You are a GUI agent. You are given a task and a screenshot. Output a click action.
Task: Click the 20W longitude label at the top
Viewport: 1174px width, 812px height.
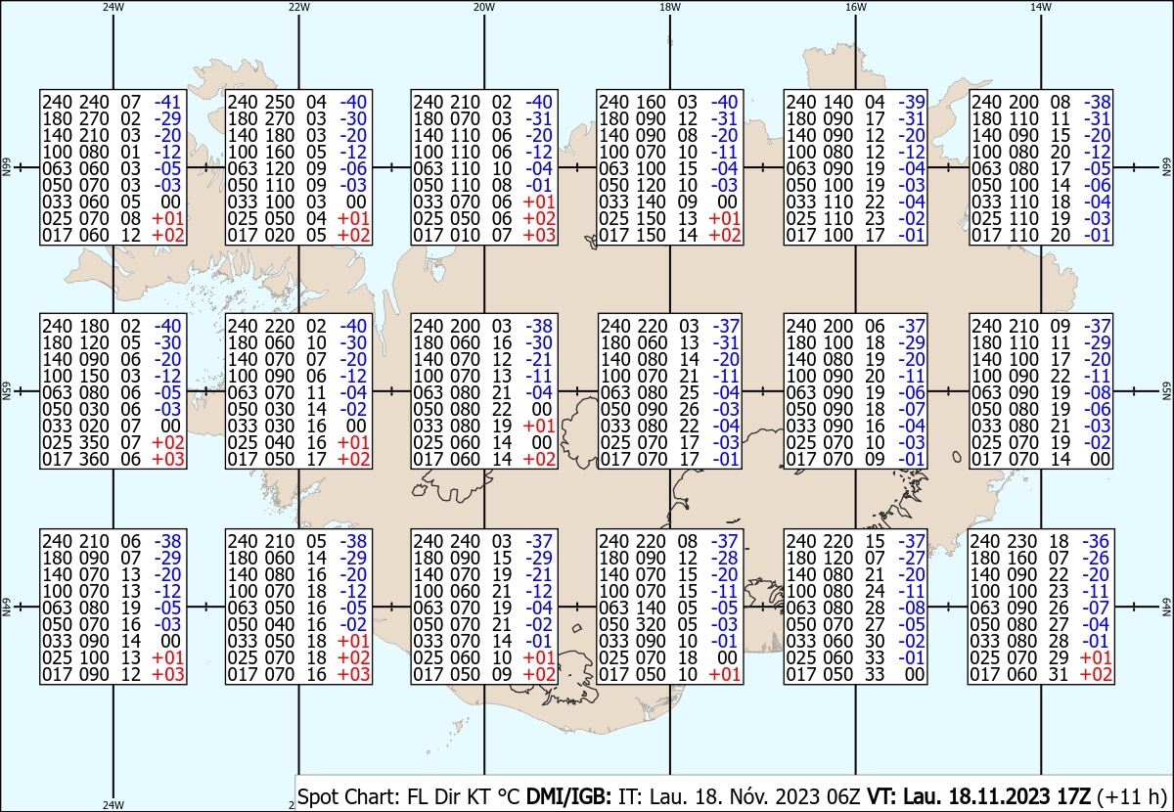[483, 8]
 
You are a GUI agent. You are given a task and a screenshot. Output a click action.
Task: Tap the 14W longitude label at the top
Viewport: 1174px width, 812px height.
[1040, 8]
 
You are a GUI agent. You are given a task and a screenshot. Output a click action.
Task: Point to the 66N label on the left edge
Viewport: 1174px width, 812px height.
[6, 167]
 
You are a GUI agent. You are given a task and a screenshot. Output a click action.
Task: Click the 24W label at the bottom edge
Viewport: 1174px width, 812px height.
[113, 804]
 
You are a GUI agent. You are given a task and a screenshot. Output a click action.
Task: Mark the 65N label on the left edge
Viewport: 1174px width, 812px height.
[6, 391]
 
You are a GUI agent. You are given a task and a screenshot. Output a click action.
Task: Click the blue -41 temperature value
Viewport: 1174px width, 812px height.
[167, 102]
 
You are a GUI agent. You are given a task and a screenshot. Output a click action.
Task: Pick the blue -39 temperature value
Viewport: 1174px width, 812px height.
[912, 102]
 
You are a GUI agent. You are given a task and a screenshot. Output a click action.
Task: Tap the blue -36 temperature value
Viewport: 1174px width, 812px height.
[1096, 541]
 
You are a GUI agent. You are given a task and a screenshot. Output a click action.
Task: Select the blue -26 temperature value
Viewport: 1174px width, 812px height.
[1096, 558]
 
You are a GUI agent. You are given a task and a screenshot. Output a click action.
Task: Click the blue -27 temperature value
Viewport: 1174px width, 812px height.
[912, 558]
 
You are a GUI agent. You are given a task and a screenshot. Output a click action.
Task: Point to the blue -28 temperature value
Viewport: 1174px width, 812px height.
[724, 558]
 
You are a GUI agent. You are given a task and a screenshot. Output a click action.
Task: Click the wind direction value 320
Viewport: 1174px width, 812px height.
[651, 624]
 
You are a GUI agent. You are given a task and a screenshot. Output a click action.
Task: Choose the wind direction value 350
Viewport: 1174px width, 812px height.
[94, 442]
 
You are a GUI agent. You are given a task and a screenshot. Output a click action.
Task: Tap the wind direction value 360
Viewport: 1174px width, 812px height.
[94, 459]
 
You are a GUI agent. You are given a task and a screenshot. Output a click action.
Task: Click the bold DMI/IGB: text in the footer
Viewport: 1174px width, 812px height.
[568, 796]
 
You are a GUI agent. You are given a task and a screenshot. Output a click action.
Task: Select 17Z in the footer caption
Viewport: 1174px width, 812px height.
[1072, 796]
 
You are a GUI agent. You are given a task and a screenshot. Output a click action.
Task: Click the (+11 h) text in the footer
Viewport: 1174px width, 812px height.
[1131, 796]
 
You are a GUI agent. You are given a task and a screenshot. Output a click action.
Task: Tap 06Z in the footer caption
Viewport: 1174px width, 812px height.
[843, 796]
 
